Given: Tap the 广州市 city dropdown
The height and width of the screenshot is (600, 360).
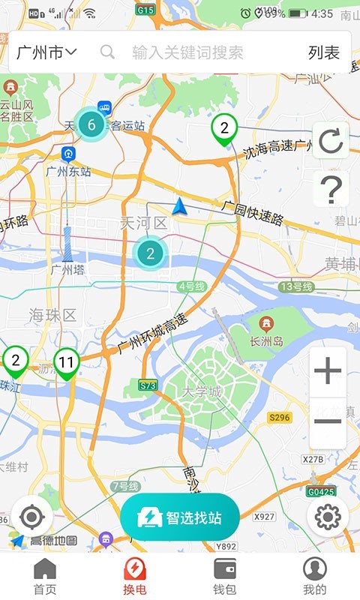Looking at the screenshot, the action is [x=46, y=52].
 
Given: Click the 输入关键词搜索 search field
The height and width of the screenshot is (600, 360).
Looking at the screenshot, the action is [x=187, y=52].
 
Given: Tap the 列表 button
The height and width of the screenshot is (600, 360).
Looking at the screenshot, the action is [x=324, y=52].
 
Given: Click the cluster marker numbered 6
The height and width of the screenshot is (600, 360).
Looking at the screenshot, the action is [x=91, y=125].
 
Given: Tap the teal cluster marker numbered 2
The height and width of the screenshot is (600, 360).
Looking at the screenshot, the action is [x=151, y=253].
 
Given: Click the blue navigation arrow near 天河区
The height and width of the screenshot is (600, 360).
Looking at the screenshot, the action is [x=179, y=206].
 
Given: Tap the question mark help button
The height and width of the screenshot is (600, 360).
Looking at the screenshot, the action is [x=330, y=190].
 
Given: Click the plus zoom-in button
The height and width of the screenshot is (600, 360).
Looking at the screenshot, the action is [x=328, y=371].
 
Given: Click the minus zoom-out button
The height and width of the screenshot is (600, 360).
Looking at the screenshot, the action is [x=328, y=422].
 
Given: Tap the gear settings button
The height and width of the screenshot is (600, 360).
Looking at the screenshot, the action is [x=328, y=517].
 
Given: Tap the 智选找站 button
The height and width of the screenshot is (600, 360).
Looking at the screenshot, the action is [x=180, y=517].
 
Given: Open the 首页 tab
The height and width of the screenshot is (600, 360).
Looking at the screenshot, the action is [x=45, y=577].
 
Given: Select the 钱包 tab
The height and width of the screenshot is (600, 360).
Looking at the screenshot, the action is [x=225, y=577].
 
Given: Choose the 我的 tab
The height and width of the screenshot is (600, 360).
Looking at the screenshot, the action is [x=315, y=577].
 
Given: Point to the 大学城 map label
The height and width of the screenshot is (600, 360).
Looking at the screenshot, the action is [x=202, y=392].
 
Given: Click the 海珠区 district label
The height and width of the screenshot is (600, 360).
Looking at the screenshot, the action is [x=53, y=315].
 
